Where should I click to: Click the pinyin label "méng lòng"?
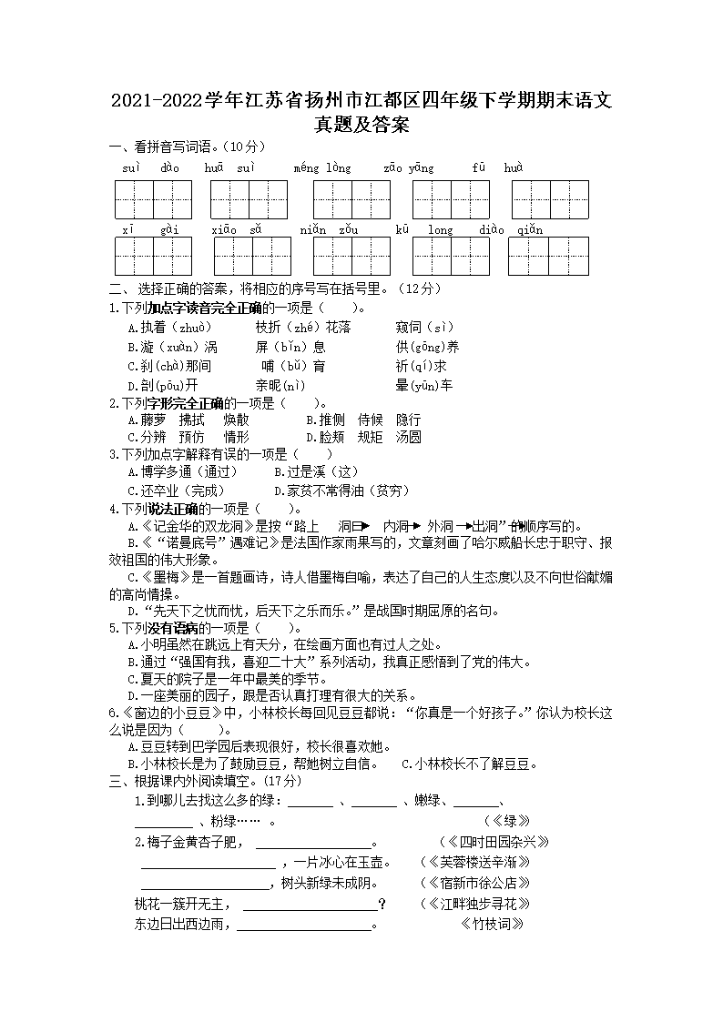click(x=322, y=168)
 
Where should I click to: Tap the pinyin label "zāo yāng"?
click(x=409, y=168)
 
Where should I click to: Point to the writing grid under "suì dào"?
click(x=153, y=200)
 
